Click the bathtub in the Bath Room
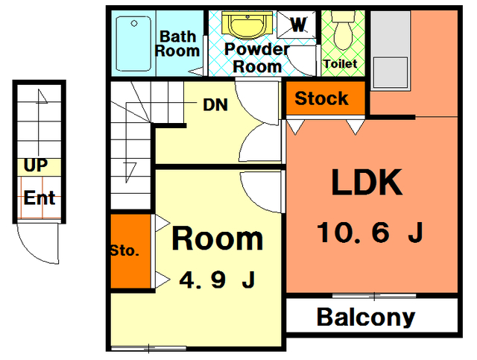(x=133, y=43)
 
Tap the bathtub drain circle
(x=134, y=23)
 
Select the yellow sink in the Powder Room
(x=247, y=25)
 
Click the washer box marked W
(x=297, y=25)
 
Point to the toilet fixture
(x=343, y=31)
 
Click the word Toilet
(x=341, y=64)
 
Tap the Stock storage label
(x=321, y=98)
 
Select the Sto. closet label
(x=124, y=250)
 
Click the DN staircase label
(x=215, y=105)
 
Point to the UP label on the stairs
(x=36, y=165)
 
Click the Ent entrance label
(x=40, y=198)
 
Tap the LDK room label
(x=367, y=182)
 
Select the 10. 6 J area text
(x=370, y=233)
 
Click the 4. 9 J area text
(x=217, y=280)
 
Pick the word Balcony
(x=366, y=317)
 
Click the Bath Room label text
(x=177, y=43)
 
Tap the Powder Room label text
(x=257, y=58)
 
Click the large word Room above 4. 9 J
(x=217, y=239)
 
